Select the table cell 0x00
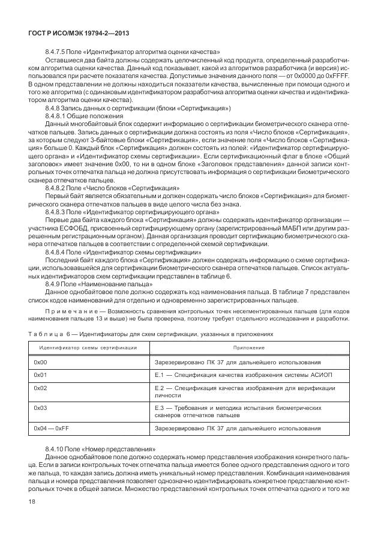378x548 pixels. tap(40, 363)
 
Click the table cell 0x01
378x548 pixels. tap(40, 375)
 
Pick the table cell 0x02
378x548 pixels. tap(40, 388)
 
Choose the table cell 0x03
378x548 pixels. tap(40, 408)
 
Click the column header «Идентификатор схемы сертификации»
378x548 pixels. tap(88, 348)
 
